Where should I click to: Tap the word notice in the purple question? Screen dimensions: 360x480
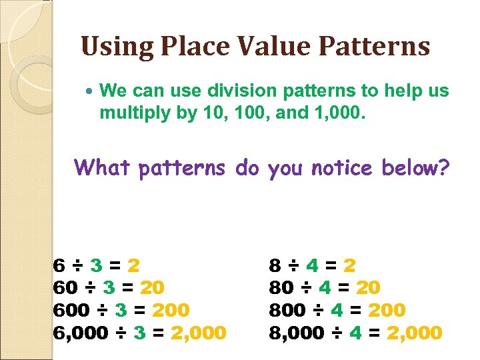tap(337, 168)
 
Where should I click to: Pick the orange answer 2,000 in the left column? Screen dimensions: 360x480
tap(199, 332)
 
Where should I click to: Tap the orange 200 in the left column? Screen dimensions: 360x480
tap(171, 310)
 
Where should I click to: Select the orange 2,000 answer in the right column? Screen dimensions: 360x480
tap(415, 332)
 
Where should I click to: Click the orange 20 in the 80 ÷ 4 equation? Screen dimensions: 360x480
tap(368, 287)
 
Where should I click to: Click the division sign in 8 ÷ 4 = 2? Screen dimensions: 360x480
tap(292, 265)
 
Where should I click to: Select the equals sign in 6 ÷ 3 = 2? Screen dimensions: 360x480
tap(115, 265)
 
